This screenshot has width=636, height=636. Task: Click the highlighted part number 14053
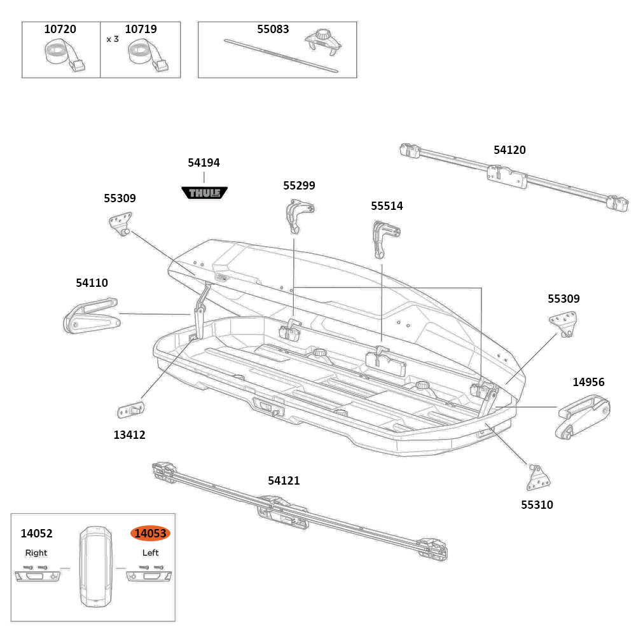point(150,534)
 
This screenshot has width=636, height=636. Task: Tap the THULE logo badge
point(204,192)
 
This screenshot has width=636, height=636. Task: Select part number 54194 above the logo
point(204,163)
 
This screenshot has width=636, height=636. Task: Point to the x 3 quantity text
point(113,39)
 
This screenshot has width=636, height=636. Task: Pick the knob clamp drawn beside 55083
point(323,43)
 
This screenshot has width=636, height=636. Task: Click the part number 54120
point(509,150)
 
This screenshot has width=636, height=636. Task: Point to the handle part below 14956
point(584,417)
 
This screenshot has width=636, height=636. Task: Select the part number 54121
point(284,481)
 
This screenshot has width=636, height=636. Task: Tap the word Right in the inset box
point(36,553)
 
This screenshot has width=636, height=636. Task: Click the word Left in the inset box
point(150,553)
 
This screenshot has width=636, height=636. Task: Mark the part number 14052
point(36,534)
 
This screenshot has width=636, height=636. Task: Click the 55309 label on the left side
point(120,198)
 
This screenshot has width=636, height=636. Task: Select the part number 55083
point(273,29)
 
